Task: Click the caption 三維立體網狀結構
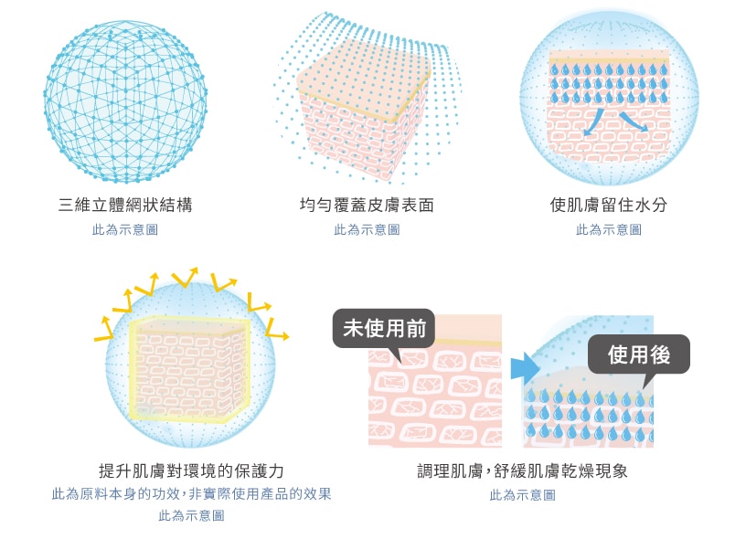coord(125,205)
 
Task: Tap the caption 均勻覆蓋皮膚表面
coord(367,205)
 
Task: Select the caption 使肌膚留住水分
coord(609,205)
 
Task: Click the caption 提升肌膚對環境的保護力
coord(191,471)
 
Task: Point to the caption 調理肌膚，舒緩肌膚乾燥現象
coord(522,471)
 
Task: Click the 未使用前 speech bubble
coord(384,330)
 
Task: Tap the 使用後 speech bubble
coord(639,355)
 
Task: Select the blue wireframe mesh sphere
coord(125,101)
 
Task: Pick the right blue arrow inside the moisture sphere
coord(634,122)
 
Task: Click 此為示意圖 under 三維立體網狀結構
coord(125,229)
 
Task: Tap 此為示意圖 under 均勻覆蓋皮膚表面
coord(367,229)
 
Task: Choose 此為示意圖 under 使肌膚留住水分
coord(609,229)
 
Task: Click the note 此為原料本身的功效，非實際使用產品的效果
coord(191,494)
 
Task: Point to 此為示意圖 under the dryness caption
coord(522,495)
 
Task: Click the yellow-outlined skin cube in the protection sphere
coord(189,368)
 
